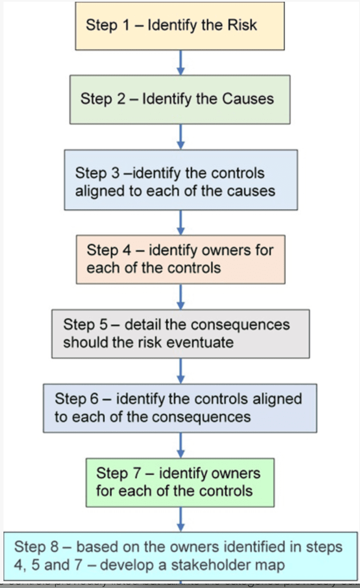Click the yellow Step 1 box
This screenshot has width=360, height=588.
click(180, 26)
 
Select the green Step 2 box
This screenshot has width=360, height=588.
click(180, 99)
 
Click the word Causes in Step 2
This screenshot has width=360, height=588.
click(248, 99)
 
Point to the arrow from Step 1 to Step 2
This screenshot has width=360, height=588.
click(181, 63)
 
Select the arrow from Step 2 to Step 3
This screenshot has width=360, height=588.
click(181, 137)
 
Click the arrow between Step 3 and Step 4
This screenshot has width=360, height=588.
click(181, 223)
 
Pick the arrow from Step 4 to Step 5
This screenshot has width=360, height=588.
click(181, 297)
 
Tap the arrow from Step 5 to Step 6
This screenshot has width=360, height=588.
click(181, 371)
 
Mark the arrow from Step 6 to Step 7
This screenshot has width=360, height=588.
click(181, 445)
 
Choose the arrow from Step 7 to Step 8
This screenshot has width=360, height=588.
click(181, 519)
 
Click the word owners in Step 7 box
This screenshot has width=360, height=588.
click(235, 473)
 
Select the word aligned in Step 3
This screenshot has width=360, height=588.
click(98, 191)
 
